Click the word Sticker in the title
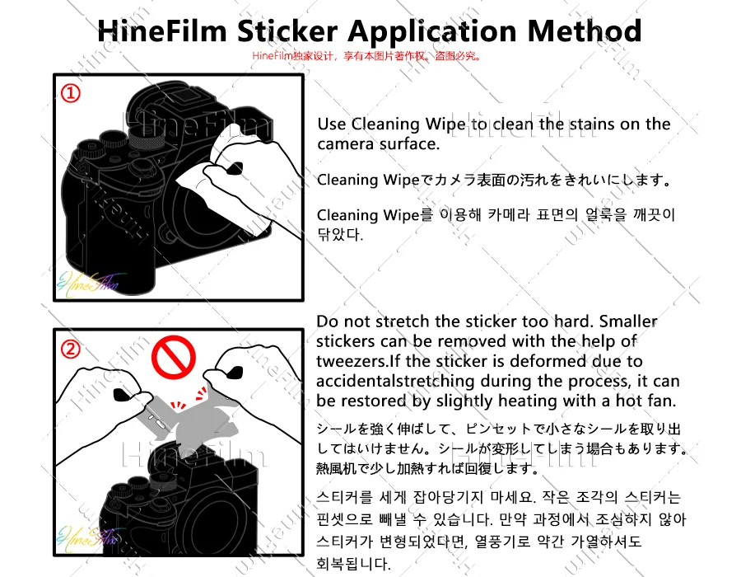click(287, 31)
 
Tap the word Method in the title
click(584, 31)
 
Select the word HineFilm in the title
click(162, 31)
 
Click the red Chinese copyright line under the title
click(367, 56)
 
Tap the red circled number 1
click(71, 93)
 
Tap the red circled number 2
click(71, 349)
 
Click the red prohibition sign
click(174, 357)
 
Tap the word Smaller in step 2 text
click(628, 321)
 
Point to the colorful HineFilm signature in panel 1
click(89, 284)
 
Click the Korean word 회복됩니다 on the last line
click(352, 563)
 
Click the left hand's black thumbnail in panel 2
click(122, 395)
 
